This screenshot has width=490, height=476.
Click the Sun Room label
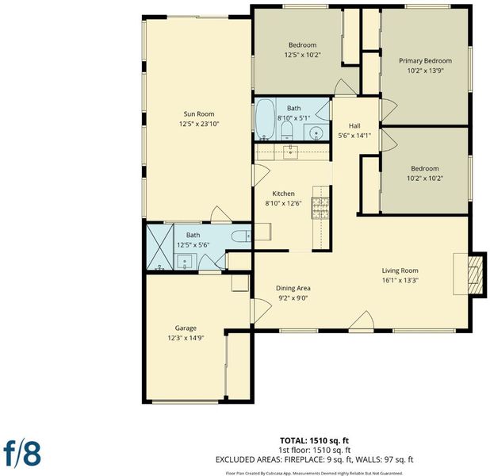(x=199, y=114)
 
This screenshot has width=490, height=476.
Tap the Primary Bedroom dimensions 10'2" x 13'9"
(x=425, y=71)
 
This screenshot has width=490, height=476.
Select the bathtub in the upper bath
(x=266, y=119)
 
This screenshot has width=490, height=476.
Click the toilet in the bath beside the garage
(x=241, y=236)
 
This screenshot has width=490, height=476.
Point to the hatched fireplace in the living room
(x=475, y=274)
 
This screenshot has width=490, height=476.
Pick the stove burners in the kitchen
(x=320, y=208)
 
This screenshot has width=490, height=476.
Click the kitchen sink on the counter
(x=291, y=152)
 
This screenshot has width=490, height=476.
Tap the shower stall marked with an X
(x=159, y=247)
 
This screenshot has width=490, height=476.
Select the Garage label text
(x=186, y=328)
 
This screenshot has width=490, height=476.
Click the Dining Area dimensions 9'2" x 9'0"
(x=293, y=298)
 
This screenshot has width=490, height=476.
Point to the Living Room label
(x=400, y=271)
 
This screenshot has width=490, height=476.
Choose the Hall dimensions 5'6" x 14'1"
(x=354, y=136)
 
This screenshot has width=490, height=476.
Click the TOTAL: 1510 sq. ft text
(x=314, y=440)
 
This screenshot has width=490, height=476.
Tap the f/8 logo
(x=22, y=453)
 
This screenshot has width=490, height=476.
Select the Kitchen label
(x=283, y=194)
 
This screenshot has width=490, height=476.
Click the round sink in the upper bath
(x=316, y=133)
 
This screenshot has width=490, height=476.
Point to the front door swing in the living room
(x=362, y=321)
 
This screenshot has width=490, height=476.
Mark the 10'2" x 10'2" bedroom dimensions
(x=425, y=178)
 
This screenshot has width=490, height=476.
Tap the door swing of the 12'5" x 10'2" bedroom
(x=345, y=87)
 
